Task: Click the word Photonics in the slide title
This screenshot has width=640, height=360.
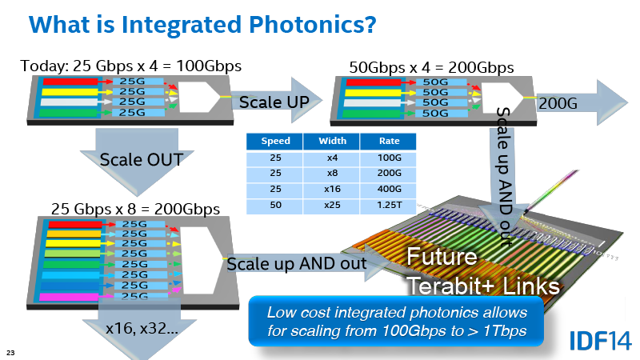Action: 312,25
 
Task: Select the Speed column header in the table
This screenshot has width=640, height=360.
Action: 275,142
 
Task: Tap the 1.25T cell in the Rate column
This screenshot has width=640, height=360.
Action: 389,205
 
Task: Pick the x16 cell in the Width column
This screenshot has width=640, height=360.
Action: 332,189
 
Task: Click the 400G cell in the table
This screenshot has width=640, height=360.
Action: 389,189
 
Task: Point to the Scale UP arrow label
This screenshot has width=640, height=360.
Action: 274,102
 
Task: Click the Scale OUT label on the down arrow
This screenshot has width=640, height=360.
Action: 142,159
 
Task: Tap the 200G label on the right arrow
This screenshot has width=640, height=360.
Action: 558,104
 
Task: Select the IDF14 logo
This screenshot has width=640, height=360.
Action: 601,341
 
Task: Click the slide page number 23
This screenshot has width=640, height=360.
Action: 10,353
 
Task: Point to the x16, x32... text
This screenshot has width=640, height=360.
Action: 142,329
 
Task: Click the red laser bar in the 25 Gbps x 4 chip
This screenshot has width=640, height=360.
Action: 70,82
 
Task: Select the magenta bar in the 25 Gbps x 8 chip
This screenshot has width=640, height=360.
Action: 69,297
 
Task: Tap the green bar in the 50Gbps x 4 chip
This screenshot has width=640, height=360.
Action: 371,113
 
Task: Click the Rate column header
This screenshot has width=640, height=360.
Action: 389,142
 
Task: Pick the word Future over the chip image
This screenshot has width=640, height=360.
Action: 442,257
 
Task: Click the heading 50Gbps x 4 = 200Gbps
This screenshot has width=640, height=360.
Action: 431,68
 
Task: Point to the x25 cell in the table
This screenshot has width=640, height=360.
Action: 332,205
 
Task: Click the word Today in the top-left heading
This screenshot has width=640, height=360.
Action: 44,66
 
